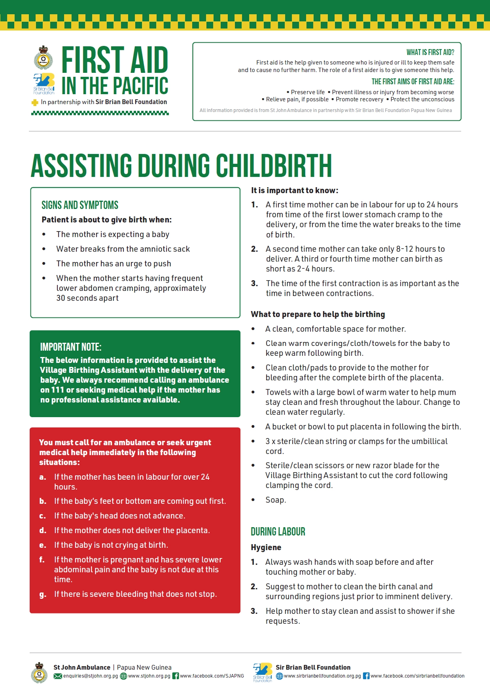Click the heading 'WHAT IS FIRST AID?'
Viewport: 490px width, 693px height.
point(430,52)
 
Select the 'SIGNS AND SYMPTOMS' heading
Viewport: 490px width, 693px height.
point(80,205)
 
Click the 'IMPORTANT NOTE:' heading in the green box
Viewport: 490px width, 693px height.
point(71,347)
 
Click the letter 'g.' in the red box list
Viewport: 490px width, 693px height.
point(43,594)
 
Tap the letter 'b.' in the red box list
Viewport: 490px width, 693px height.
point(43,501)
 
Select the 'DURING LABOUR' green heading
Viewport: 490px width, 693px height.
point(278,532)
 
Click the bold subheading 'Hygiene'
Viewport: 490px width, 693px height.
point(266,547)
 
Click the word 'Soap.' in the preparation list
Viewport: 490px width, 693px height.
point(276,500)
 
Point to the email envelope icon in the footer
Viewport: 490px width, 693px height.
point(58,676)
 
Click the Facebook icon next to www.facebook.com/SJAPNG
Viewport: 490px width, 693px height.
point(176,676)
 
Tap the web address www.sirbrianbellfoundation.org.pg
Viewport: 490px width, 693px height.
point(322,676)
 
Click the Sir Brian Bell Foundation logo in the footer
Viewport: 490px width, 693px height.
point(263,672)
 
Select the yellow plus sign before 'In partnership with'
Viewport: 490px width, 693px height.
point(35,103)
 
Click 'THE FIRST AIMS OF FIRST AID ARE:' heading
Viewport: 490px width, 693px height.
point(412,82)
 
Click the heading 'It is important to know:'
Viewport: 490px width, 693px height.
point(295,190)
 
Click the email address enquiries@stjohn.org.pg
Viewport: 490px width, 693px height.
point(91,676)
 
